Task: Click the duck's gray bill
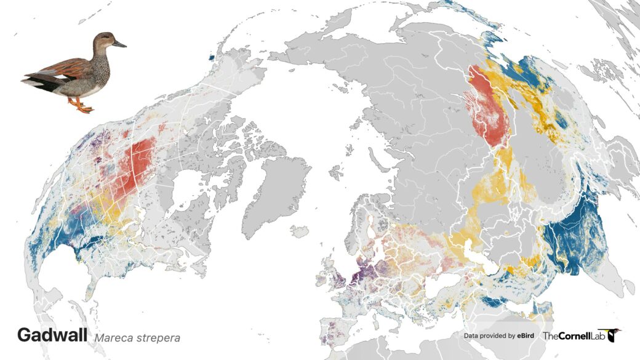click(x=119, y=44)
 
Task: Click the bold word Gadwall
click(x=52, y=335)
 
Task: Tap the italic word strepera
click(x=159, y=338)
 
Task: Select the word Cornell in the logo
click(x=576, y=336)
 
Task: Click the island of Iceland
click(x=300, y=232)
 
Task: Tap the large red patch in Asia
click(x=489, y=111)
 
